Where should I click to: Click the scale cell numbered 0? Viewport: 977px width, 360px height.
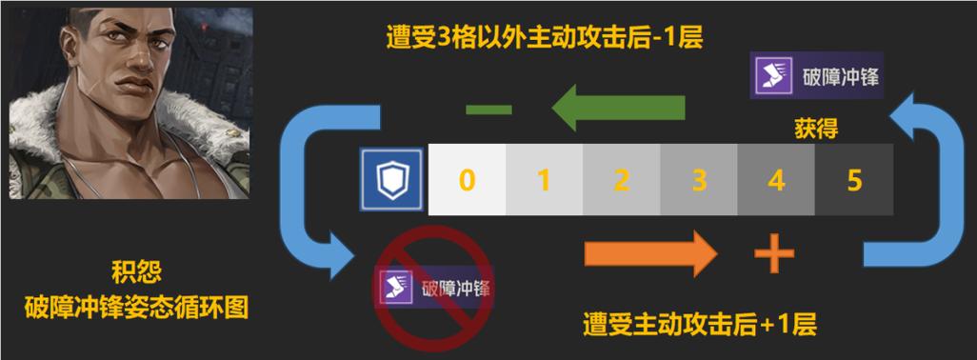click(466, 179)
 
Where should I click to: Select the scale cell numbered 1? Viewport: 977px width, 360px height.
click(544, 179)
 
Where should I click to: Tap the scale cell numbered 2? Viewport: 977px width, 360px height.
click(621, 179)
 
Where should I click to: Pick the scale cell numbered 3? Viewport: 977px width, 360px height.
click(699, 179)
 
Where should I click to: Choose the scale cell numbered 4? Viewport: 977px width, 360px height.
click(776, 179)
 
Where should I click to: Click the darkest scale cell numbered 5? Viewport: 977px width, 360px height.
click(853, 179)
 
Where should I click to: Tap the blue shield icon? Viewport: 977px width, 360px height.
click(389, 179)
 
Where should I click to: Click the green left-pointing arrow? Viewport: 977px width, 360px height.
click(618, 107)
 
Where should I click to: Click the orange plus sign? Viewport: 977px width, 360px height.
click(774, 255)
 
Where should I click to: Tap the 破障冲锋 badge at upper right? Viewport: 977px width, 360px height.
click(815, 76)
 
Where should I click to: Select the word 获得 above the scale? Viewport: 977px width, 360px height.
click(815, 129)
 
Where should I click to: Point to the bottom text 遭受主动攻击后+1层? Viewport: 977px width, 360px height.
click(700, 325)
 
